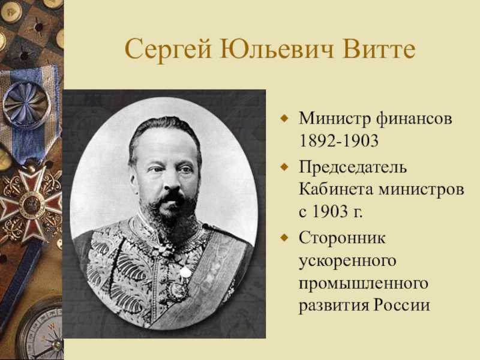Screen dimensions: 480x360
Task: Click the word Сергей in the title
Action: click(168, 50)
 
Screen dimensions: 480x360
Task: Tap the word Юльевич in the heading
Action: click(277, 49)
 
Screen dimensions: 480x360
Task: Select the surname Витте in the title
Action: click(379, 49)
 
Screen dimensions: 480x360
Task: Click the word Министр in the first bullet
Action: click(334, 119)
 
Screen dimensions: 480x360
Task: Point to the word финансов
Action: click(414, 119)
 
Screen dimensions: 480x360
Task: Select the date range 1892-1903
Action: click(338, 141)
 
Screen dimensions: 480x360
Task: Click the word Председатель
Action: click(353, 167)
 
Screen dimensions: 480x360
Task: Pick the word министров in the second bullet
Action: click(421, 190)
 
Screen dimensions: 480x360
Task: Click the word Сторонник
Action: click(342, 238)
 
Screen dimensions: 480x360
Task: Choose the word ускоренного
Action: click(347, 261)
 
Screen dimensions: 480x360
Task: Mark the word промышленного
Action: click(364, 283)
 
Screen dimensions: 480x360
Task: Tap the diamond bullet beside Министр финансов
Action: click(284, 118)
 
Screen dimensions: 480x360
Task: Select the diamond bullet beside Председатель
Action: click(284, 167)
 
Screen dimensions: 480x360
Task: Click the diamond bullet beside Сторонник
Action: click(284, 238)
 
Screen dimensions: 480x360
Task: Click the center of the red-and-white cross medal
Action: click(31, 203)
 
